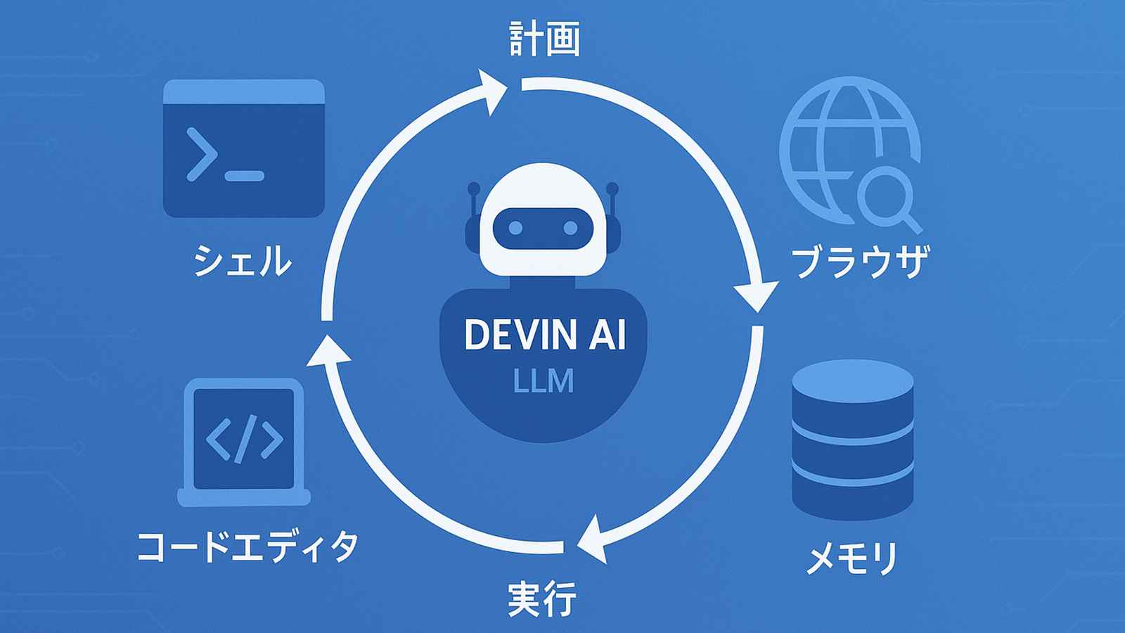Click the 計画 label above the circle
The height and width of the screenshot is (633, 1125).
544,40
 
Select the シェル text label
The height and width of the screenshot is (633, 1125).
242,260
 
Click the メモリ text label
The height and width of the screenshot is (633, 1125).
851,559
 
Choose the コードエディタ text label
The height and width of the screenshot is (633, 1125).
247,546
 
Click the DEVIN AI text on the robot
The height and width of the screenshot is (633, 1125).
544,335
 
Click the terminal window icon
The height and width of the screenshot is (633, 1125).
243,148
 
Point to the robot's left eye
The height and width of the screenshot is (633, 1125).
515,228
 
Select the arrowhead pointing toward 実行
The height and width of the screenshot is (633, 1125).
592,540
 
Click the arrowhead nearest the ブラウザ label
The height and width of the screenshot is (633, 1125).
756,295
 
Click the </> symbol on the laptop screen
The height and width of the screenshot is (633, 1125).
244,439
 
